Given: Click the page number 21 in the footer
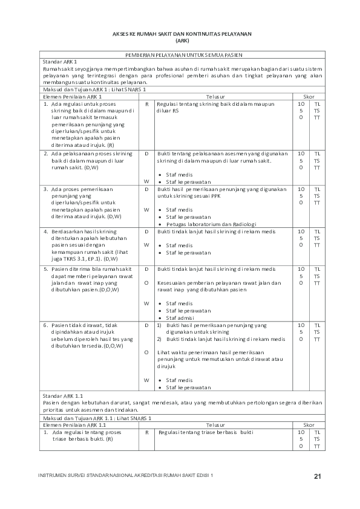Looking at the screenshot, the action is click(317, 477).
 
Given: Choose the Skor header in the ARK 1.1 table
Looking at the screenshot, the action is click(309, 425).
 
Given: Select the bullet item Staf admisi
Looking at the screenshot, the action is click(180, 317).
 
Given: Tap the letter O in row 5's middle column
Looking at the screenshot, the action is click(146, 282).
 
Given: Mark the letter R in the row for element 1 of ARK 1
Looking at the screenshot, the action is click(146, 104).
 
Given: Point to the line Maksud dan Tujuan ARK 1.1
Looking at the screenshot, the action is click(96, 418).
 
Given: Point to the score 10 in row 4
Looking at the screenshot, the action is click(301, 232).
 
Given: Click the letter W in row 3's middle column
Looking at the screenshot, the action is click(146, 210).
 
